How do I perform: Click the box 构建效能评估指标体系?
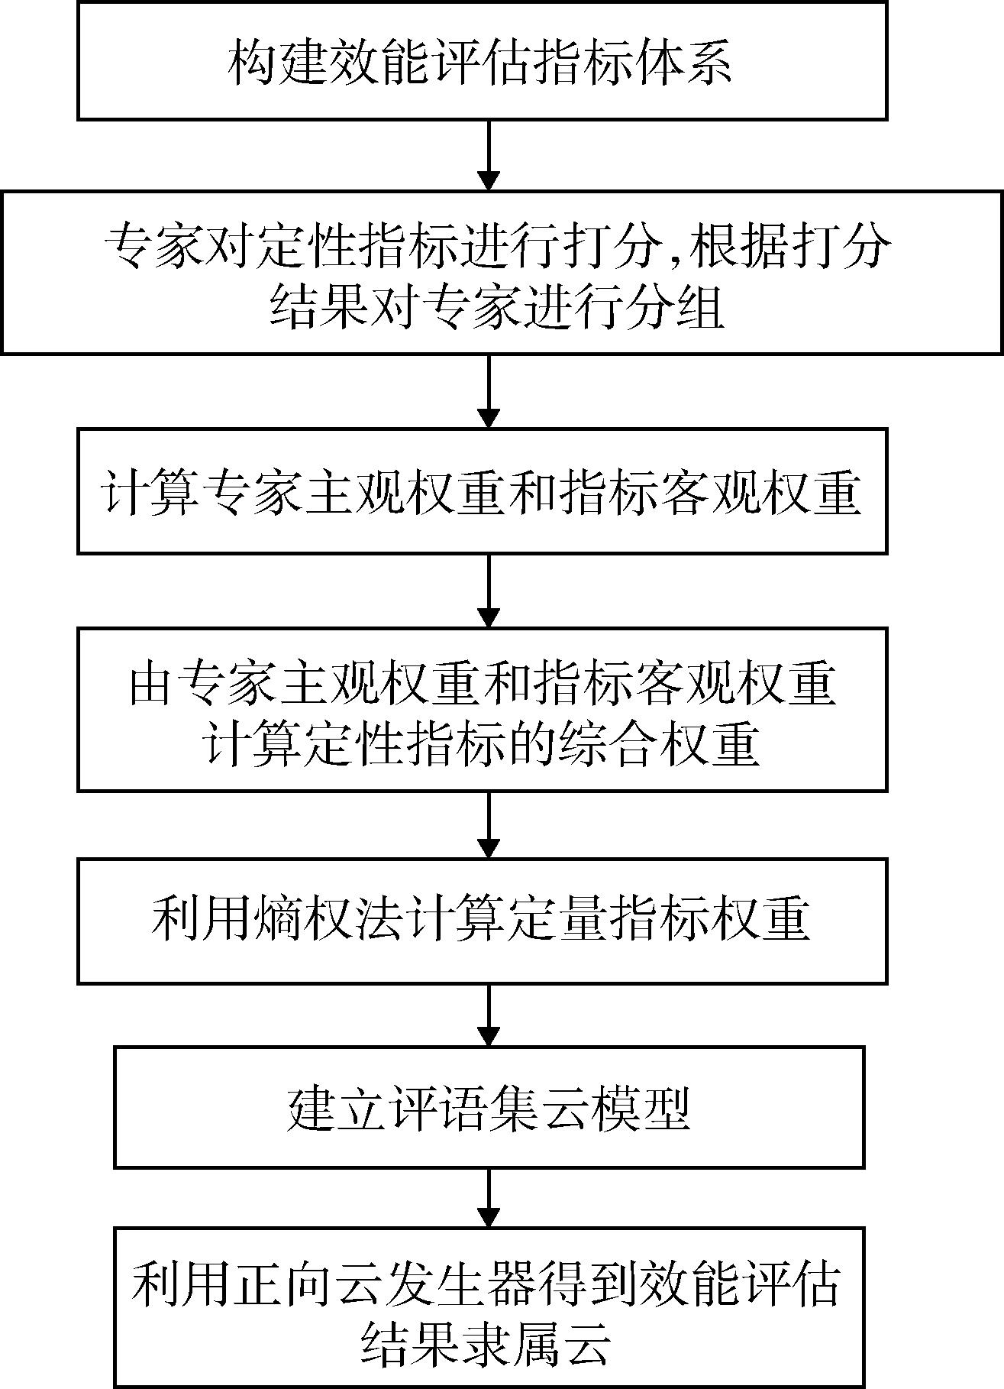482,60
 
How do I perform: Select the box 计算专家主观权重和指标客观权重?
482,491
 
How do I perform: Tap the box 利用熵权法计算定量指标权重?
482,921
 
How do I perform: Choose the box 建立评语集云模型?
489,1107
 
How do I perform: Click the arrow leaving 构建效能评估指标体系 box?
489,155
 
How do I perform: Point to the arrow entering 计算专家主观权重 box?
489,391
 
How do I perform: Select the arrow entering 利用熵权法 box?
489,824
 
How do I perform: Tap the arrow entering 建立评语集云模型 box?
489,1015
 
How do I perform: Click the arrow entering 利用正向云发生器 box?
489,1198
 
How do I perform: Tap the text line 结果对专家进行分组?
497,306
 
